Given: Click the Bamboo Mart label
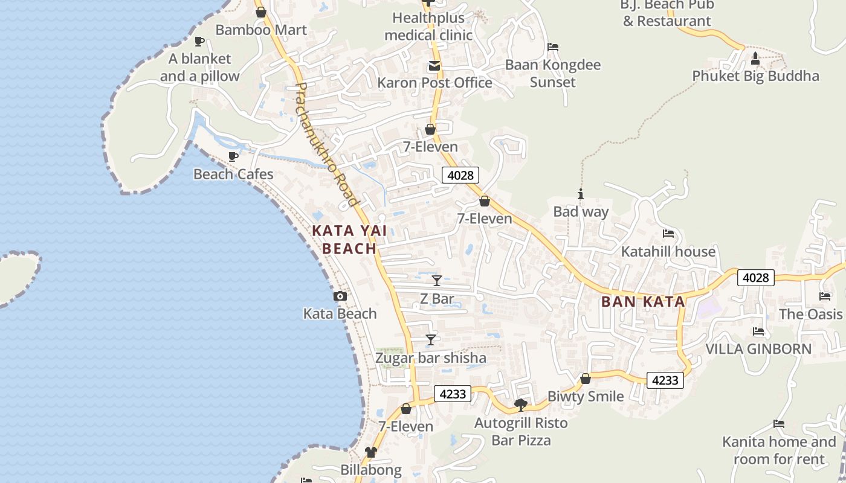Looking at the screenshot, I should tap(261, 30).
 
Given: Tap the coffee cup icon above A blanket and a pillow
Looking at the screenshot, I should tap(199, 42).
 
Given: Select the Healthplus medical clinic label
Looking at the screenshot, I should tap(428, 27).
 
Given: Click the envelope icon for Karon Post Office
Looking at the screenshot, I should tap(434, 66).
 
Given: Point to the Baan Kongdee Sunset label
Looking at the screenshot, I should tap(553, 73).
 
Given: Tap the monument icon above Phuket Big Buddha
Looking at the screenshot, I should tap(755, 59).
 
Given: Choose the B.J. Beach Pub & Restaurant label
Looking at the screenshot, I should tap(667, 13).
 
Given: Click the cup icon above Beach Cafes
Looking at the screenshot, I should tap(233, 157).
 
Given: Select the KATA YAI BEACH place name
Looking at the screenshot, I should tap(349, 240).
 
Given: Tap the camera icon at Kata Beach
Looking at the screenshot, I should tap(340, 296).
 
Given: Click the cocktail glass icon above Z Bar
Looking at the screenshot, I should tap(437, 281).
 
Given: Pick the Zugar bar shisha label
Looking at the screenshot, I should tap(431, 358).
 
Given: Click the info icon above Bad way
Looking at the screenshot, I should tap(581, 194).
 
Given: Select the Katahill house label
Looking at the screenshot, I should tap(668, 251).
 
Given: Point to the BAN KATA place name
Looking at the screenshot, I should tap(643, 302).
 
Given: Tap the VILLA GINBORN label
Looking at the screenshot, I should tap(758, 349).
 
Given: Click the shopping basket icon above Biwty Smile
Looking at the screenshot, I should tap(585, 379).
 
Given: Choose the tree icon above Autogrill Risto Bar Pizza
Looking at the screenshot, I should tap(520, 405).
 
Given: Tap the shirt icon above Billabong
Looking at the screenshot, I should tap(370, 452).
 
